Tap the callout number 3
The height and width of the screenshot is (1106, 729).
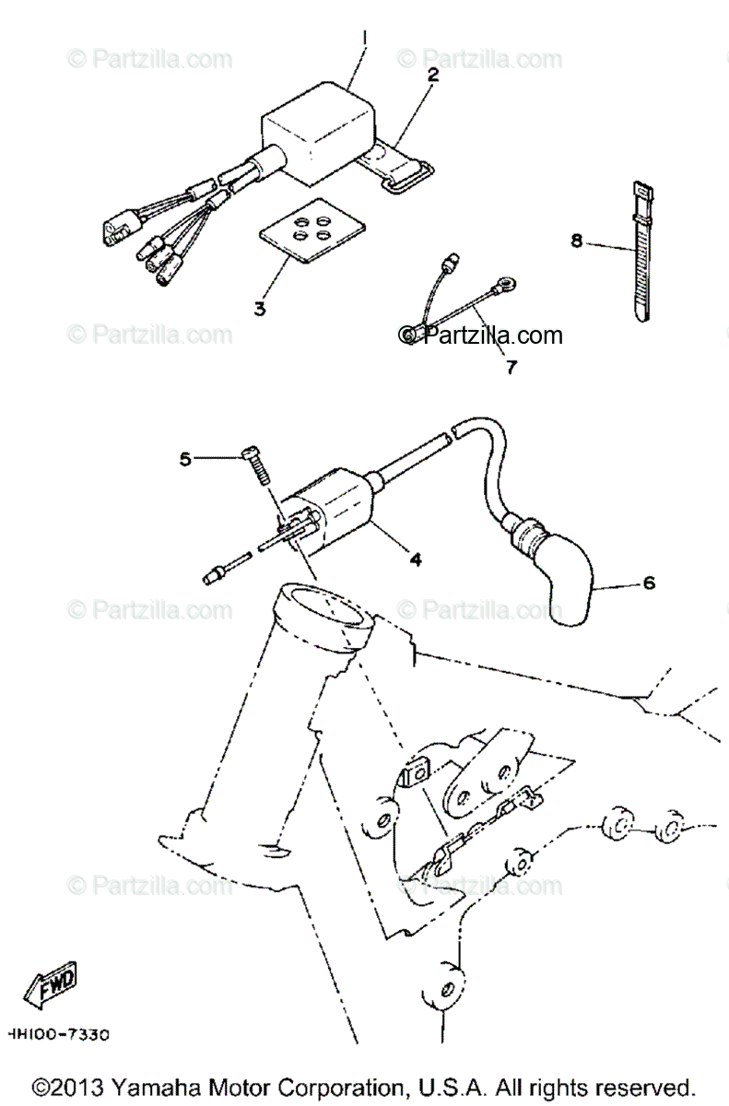point(260,308)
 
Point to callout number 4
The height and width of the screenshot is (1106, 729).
point(416,559)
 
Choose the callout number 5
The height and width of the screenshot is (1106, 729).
point(185,458)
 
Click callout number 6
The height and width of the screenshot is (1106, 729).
point(649,583)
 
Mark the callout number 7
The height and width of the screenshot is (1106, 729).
point(511,366)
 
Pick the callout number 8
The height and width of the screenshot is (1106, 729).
point(577,241)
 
